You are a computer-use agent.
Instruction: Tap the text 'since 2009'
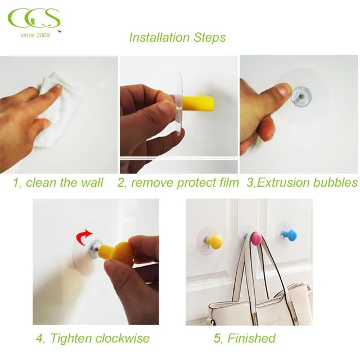click(x=35, y=35)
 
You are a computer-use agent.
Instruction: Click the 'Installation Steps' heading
click(x=177, y=38)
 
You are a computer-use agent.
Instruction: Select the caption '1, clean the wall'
click(x=58, y=182)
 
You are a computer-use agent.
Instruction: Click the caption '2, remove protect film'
click(x=178, y=182)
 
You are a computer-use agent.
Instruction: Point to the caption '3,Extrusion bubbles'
click(x=302, y=182)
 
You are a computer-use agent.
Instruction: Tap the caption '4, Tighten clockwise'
click(x=93, y=338)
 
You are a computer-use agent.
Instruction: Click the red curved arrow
click(x=85, y=234)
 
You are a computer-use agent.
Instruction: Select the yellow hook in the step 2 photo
click(x=199, y=105)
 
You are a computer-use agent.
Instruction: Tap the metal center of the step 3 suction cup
click(x=302, y=97)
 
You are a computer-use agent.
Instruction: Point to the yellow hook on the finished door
click(x=214, y=242)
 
